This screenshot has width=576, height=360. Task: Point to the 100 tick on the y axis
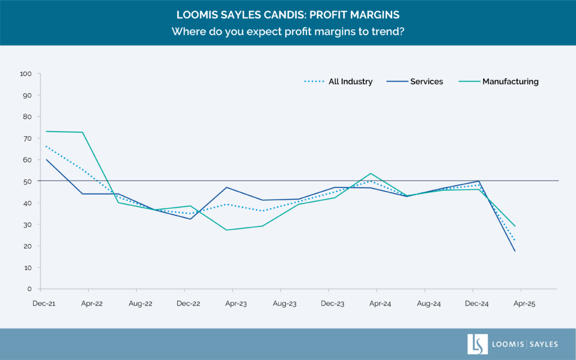coord(25,74)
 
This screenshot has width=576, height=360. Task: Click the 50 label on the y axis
coord(27,181)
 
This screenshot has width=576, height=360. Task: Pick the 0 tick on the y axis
coord(29,289)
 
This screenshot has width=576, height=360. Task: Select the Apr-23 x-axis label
coord(236,304)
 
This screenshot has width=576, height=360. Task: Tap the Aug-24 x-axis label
coord(429,304)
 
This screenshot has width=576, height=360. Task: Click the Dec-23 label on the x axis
coord(332,304)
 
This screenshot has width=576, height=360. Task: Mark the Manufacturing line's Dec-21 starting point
coord(46,131)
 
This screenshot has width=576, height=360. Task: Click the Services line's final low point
coord(515,251)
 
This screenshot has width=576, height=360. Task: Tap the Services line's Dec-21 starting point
coord(46,159)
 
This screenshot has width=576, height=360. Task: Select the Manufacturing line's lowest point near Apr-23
coord(226,230)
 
